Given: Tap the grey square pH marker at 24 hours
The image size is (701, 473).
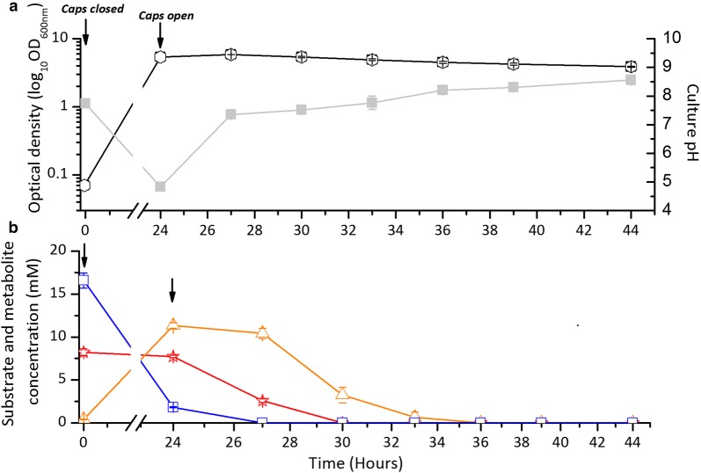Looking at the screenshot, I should tap(160, 186).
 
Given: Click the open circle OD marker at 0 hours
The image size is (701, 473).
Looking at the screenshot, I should tap(84, 185).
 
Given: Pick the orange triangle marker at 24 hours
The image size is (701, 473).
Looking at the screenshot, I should tap(173, 325).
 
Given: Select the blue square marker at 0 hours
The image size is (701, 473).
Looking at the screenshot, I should tap(84, 280).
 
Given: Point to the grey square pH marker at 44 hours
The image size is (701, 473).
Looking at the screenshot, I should tap(631, 80).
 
